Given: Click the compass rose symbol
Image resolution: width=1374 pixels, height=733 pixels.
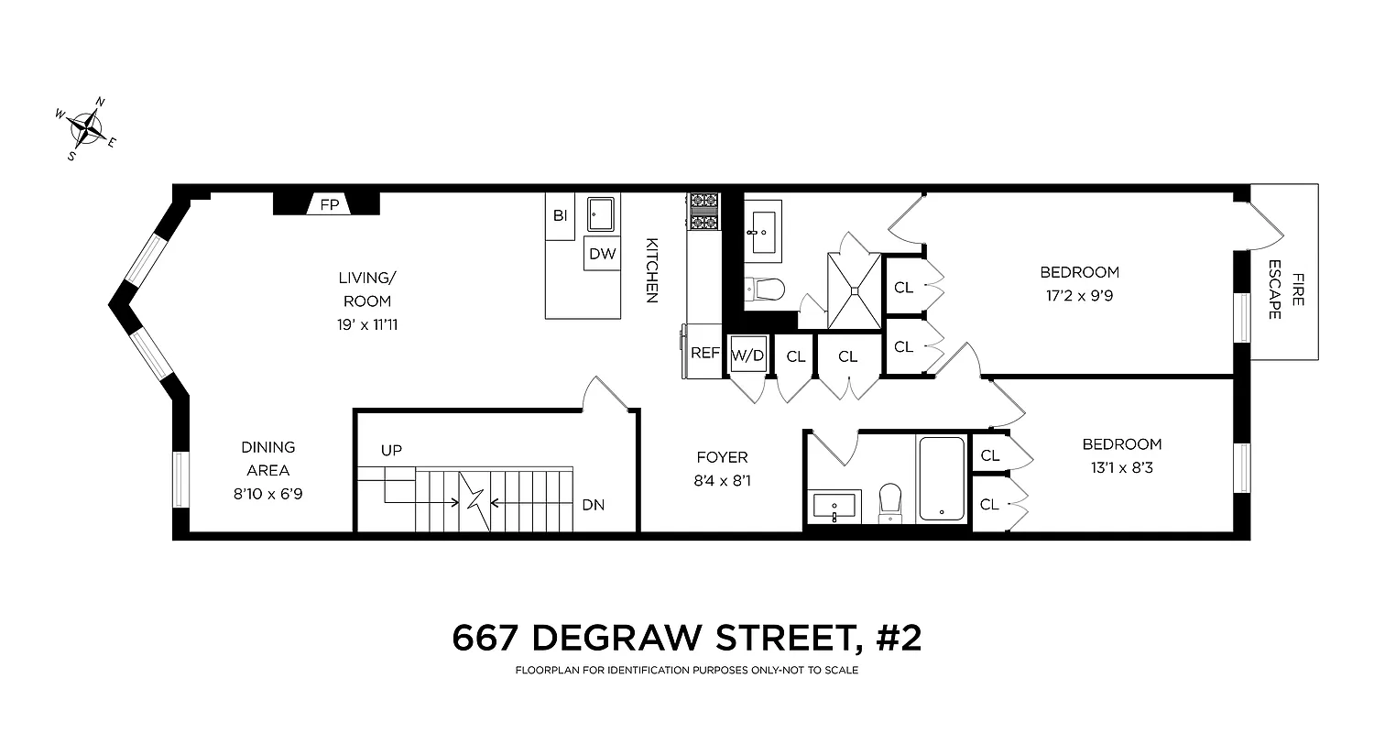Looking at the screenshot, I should coord(87,128).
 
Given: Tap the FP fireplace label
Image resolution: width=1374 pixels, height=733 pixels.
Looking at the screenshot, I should coord(329,205).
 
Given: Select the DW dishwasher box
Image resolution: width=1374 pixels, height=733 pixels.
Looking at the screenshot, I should coord(603,254).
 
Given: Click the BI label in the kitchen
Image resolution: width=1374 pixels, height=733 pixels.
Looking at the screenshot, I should coord(560,216).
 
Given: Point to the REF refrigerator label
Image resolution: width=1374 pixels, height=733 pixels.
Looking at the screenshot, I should coord(704,352).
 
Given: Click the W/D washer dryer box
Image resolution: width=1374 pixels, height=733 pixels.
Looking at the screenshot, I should coord(747,355).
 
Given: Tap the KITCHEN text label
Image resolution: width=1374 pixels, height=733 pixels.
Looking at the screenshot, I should coord(652,270).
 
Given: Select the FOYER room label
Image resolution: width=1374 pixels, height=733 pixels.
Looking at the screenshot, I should coord(722,457).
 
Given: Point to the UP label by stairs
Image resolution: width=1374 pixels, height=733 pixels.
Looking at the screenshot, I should coord(391,450).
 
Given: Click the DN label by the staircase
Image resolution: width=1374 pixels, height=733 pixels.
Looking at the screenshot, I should coord(593,505).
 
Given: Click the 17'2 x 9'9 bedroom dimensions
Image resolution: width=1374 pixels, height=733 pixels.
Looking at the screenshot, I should coord(1079,296).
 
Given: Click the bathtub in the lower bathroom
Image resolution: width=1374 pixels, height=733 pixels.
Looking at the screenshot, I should coord(943,478).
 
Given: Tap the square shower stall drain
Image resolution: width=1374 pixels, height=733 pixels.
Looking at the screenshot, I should coord(854,290).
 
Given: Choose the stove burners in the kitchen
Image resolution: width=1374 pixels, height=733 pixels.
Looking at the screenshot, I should coord(704,212).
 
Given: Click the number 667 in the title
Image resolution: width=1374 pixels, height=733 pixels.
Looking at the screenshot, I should coord(488,638).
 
